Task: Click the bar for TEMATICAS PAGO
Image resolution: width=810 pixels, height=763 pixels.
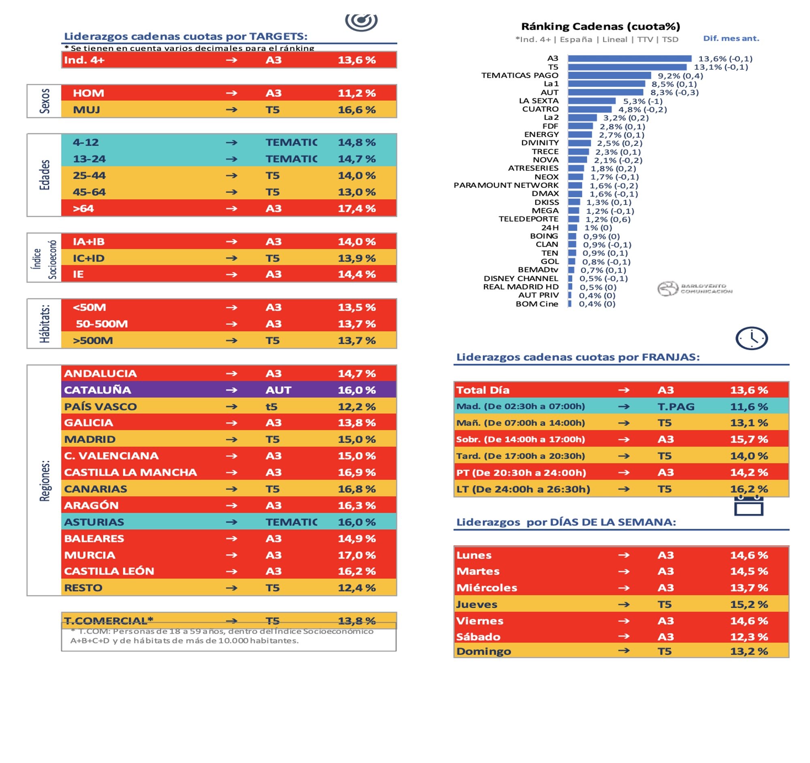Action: pyautogui.click(x=609, y=75)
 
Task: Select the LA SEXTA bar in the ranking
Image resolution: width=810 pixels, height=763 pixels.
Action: pyautogui.click(x=592, y=100)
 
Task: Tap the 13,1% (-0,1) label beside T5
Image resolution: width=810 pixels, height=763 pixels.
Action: pyautogui.click(x=721, y=67)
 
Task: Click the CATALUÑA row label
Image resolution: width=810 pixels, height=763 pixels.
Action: pyautogui.click(x=97, y=390)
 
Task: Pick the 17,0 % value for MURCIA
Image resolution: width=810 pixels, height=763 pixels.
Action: pyautogui.click(x=356, y=555)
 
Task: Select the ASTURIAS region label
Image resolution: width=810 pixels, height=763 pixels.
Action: pyautogui.click(x=94, y=522)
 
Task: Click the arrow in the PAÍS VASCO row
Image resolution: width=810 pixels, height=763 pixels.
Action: pyautogui.click(x=231, y=407)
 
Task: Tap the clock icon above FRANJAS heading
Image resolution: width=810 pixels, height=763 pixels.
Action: pyautogui.click(x=751, y=338)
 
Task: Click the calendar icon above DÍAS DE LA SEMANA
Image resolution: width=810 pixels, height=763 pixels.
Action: pyautogui.click(x=748, y=507)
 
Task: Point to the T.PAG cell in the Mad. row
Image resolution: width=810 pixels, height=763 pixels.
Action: pyautogui.click(x=676, y=407)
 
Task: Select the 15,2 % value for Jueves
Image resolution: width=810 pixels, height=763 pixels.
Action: pyautogui.click(x=748, y=605)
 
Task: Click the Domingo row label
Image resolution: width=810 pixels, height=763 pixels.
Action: pyautogui.click(x=483, y=651)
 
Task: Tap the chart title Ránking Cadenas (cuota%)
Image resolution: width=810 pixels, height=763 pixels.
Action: pyautogui.click(x=601, y=26)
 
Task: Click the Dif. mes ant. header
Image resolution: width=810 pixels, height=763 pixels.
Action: pyautogui.click(x=731, y=39)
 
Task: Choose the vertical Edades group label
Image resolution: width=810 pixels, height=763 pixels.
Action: pyautogui.click(x=45, y=175)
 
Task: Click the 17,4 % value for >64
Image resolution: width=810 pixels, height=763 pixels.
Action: pyautogui.click(x=356, y=209)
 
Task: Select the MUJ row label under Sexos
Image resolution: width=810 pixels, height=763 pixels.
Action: pyautogui.click(x=86, y=110)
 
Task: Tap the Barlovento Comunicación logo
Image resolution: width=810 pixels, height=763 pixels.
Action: pyautogui.click(x=694, y=289)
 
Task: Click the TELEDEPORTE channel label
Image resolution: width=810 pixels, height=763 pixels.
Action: pyautogui.click(x=528, y=219)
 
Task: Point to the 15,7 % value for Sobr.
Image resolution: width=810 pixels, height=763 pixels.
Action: pyautogui.click(x=748, y=439)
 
